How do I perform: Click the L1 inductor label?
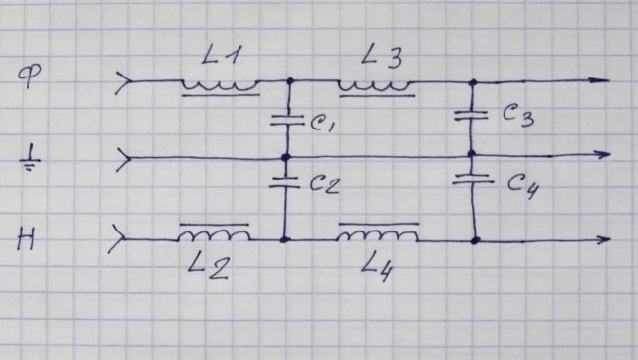click(x=222, y=55)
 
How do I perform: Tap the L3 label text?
click(x=382, y=56)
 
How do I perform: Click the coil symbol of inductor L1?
click(x=220, y=87)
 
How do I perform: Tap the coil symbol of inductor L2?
click(x=214, y=233)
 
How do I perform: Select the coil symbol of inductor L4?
click(x=378, y=233)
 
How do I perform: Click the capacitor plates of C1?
click(x=288, y=120)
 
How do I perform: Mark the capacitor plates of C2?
click(x=285, y=181)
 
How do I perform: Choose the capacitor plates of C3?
click(x=471, y=115)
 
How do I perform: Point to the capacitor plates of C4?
click(x=473, y=179)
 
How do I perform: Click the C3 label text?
click(x=518, y=116)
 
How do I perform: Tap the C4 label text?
click(x=523, y=186)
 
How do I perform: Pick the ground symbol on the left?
click(x=30, y=160)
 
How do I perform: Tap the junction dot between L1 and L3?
click(x=290, y=81)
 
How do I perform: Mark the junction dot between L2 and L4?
click(x=285, y=240)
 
